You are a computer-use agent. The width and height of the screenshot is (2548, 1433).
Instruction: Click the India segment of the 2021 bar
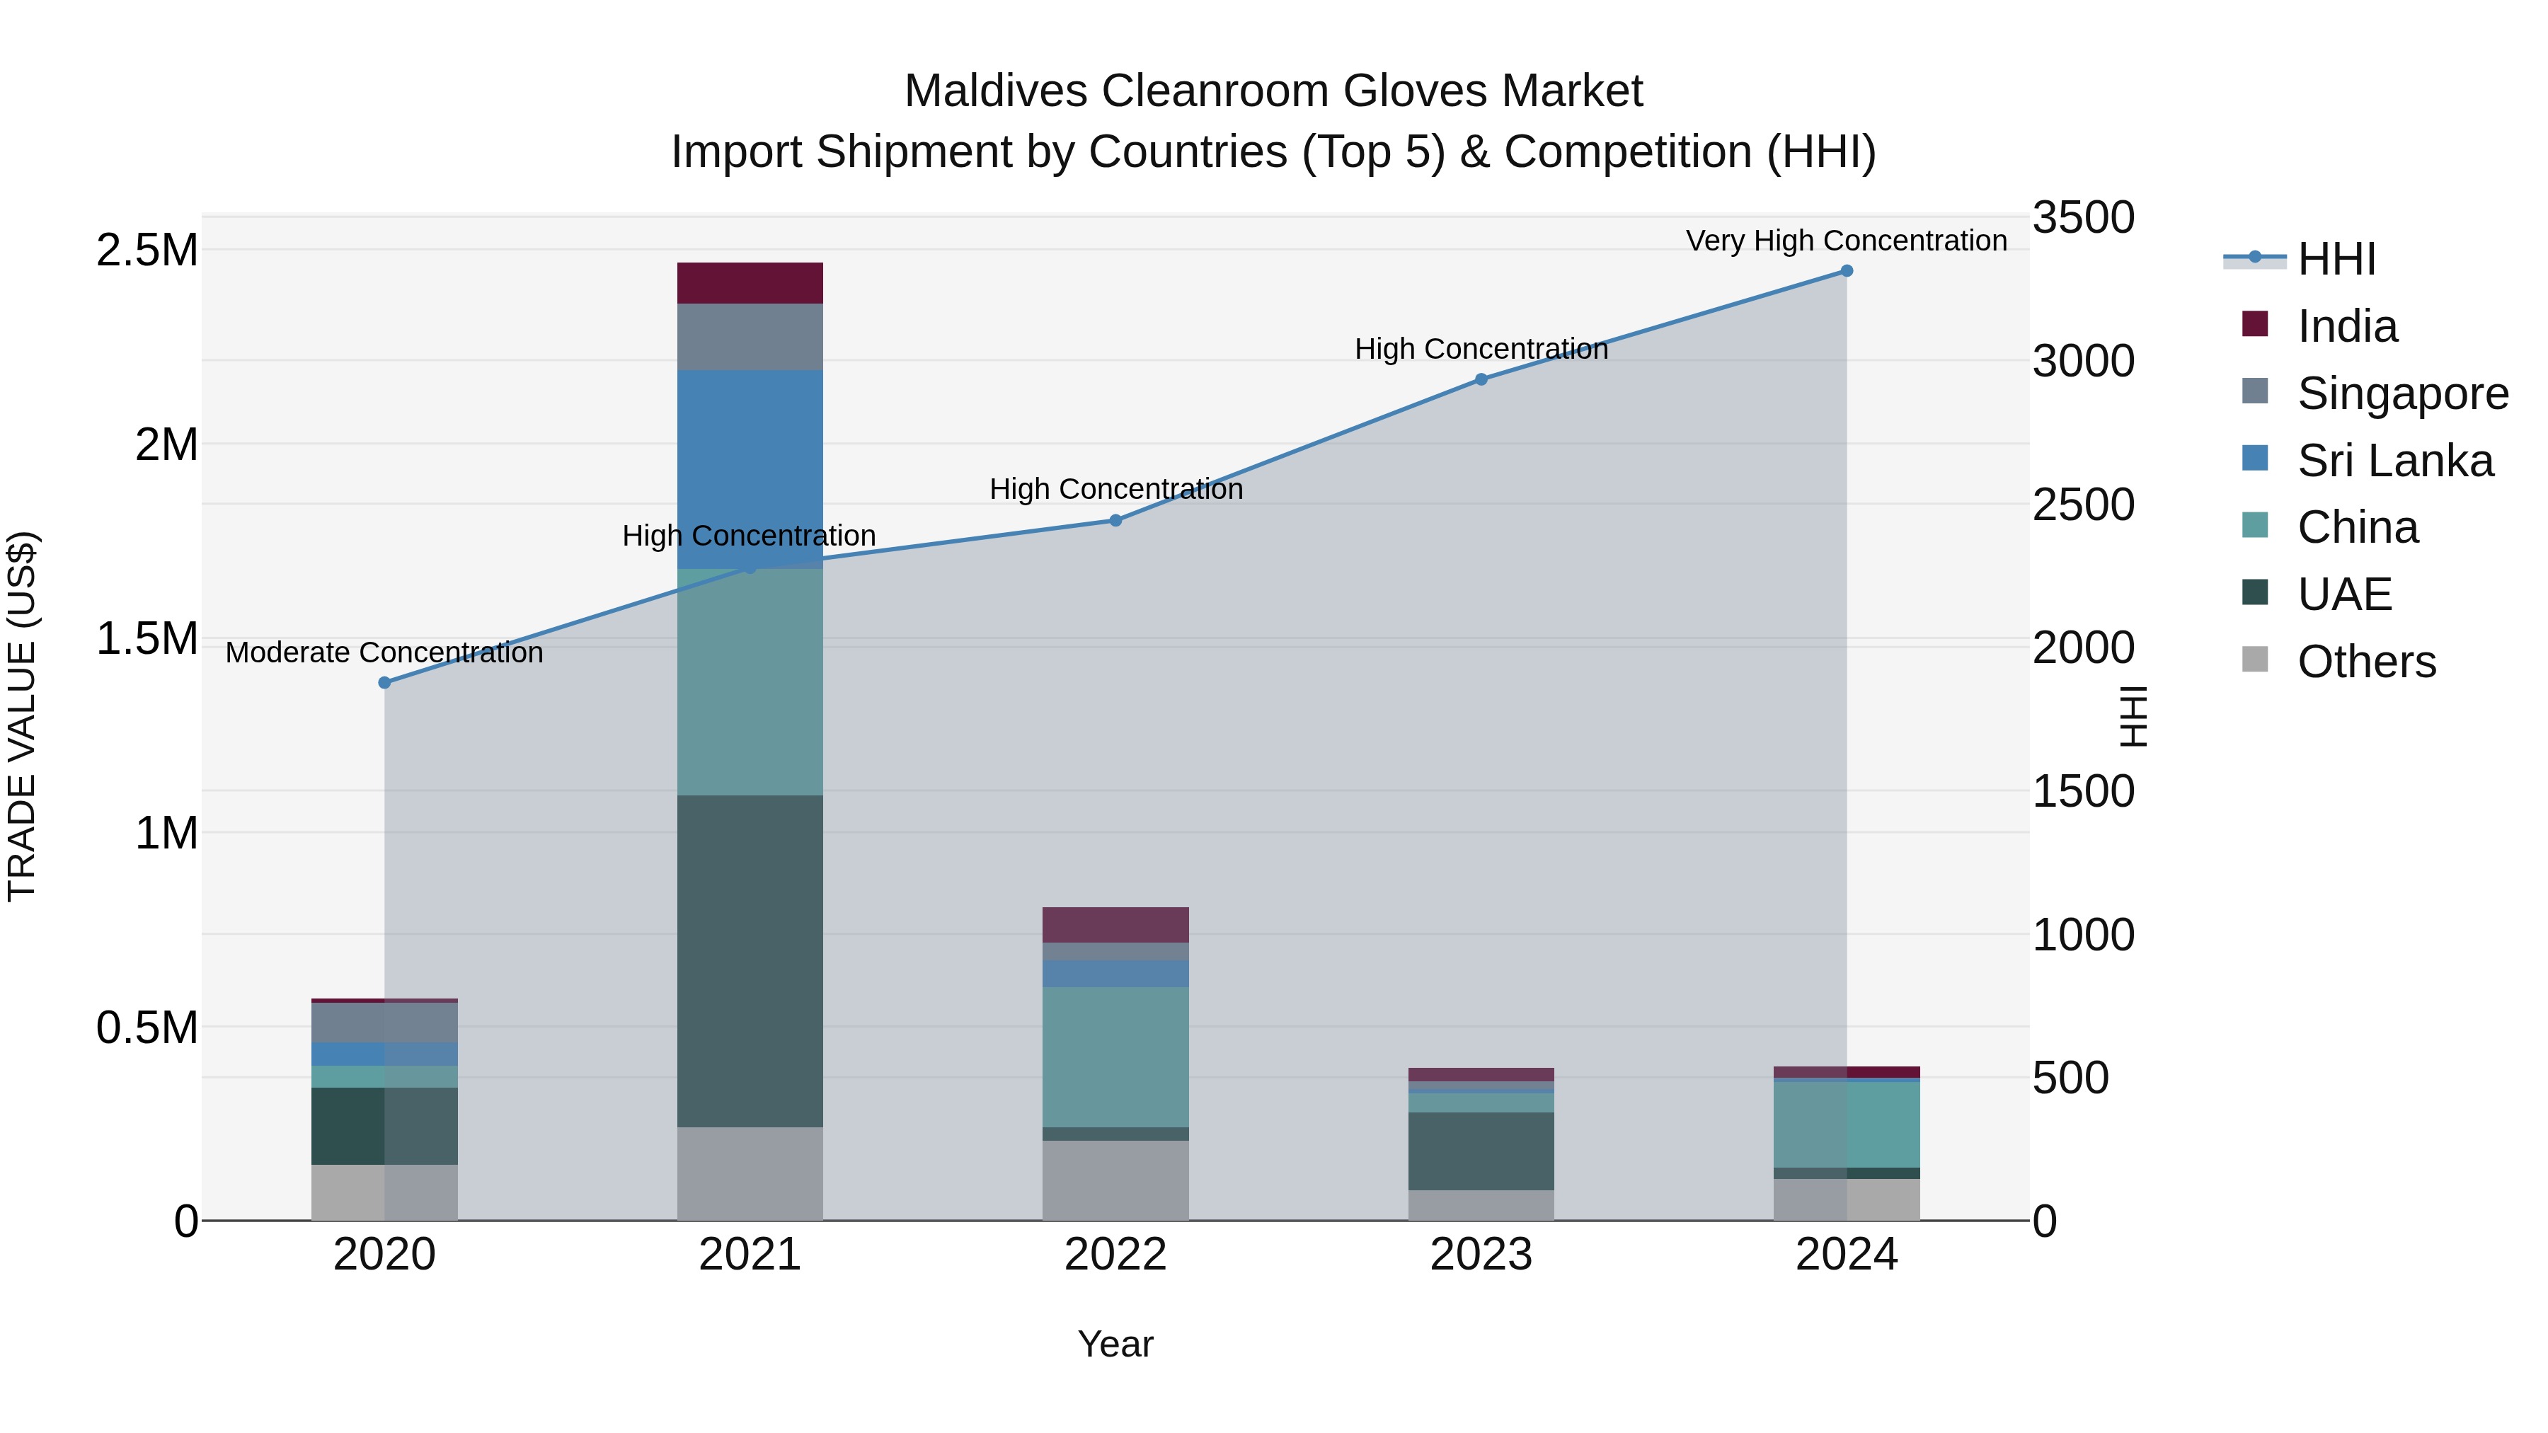click(x=750, y=283)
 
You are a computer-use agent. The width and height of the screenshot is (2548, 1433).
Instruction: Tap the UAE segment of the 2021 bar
click(x=750, y=960)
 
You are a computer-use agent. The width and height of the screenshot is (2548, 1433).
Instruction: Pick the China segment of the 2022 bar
click(x=1115, y=1057)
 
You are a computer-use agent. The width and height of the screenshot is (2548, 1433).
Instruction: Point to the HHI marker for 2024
click(x=1846, y=271)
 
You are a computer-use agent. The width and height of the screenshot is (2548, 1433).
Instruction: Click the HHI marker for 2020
click(x=385, y=682)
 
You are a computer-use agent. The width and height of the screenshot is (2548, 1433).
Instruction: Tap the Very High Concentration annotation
click(x=1846, y=241)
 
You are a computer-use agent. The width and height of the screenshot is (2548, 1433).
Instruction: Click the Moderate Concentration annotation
click(x=385, y=652)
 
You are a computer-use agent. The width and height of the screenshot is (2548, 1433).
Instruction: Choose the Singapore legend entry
click(x=2401, y=393)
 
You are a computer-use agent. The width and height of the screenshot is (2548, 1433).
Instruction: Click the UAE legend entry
click(x=2343, y=594)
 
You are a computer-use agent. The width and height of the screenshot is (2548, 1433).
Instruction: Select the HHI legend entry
click(x=2336, y=259)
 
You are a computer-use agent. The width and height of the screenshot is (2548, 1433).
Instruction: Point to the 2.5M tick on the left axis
click(x=147, y=251)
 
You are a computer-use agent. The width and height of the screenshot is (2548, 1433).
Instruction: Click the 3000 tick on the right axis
click(x=2083, y=361)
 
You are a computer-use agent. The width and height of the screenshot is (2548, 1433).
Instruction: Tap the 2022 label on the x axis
click(x=1115, y=1255)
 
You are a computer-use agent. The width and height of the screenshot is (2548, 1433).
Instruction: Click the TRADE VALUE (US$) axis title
click(x=23, y=716)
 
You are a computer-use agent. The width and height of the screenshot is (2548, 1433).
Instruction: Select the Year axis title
click(x=1115, y=1344)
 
